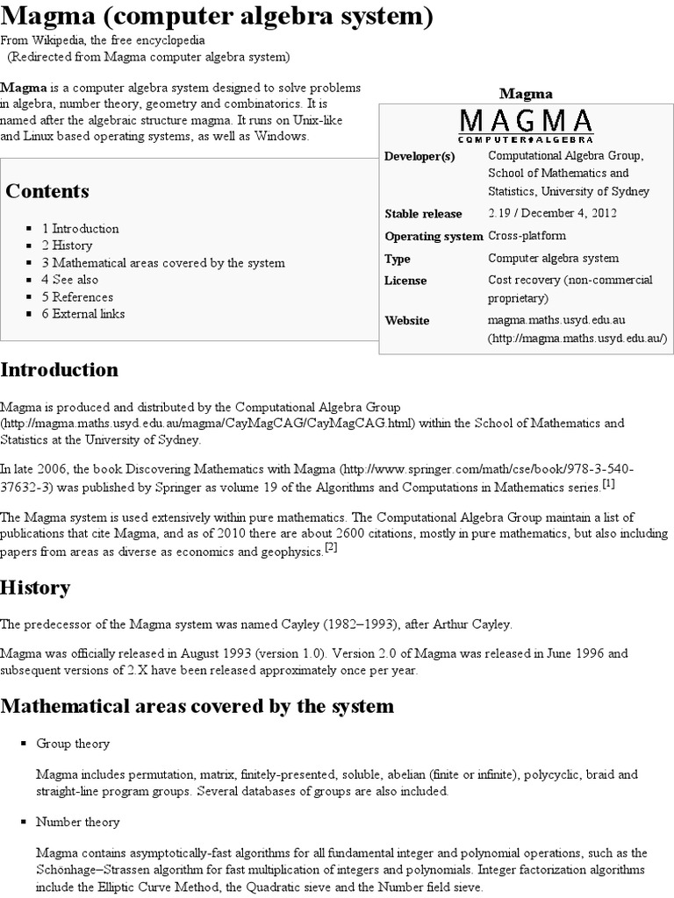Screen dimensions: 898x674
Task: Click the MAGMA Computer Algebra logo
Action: point(526,125)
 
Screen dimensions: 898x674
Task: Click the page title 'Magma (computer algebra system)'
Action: point(217,18)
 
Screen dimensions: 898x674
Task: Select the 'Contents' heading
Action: point(47,191)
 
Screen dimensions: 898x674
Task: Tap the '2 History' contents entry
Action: point(67,246)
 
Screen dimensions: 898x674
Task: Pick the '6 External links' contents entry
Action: point(83,313)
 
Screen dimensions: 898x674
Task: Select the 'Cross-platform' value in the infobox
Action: point(527,236)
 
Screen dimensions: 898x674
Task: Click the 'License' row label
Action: point(405,281)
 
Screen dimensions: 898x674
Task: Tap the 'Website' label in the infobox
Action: point(407,320)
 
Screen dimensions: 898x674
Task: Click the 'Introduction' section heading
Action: point(58,369)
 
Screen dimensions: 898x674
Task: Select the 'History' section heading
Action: point(35,587)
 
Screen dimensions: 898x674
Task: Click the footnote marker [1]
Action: point(608,484)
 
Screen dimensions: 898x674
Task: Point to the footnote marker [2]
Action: point(331,547)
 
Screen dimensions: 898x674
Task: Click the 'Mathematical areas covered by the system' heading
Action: point(197,706)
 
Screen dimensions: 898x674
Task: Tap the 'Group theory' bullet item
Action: point(73,744)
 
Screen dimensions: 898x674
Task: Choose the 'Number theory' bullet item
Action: point(78,823)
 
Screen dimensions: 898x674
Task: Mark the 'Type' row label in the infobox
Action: point(398,259)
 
